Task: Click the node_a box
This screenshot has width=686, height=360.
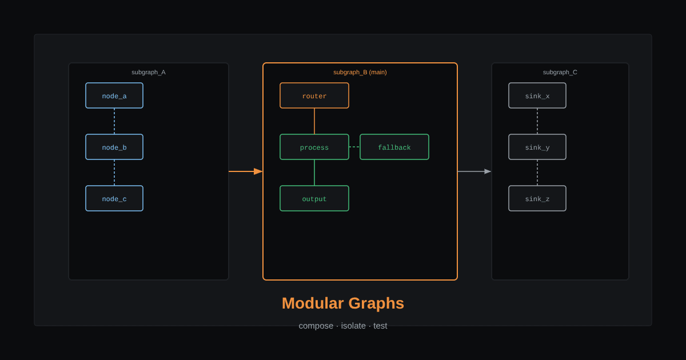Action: click(114, 95)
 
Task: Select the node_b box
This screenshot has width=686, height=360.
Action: click(114, 147)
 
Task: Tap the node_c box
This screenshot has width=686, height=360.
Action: click(114, 198)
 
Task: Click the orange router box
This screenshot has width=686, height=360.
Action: click(314, 95)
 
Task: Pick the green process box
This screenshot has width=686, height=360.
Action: click(314, 147)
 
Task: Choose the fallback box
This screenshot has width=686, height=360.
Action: click(394, 147)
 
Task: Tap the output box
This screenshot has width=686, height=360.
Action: click(314, 198)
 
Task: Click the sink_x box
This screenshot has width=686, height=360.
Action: click(537, 95)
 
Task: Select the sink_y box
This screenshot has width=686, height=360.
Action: click(537, 147)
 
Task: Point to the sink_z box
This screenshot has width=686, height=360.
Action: click(537, 198)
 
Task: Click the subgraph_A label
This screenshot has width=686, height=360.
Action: click(149, 72)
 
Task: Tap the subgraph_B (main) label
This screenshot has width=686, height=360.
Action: click(360, 72)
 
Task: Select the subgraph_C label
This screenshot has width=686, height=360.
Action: click(560, 72)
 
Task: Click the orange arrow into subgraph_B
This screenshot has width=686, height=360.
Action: click(246, 171)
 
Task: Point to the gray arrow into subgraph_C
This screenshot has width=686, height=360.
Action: click(474, 171)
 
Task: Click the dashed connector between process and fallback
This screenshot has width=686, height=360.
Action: click(354, 147)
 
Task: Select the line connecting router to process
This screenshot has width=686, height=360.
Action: click(314, 121)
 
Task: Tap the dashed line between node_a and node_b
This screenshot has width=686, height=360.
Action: click(114, 121)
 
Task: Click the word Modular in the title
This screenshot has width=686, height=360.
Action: click(313, 303)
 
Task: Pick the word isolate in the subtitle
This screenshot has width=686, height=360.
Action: click(353, 326)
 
